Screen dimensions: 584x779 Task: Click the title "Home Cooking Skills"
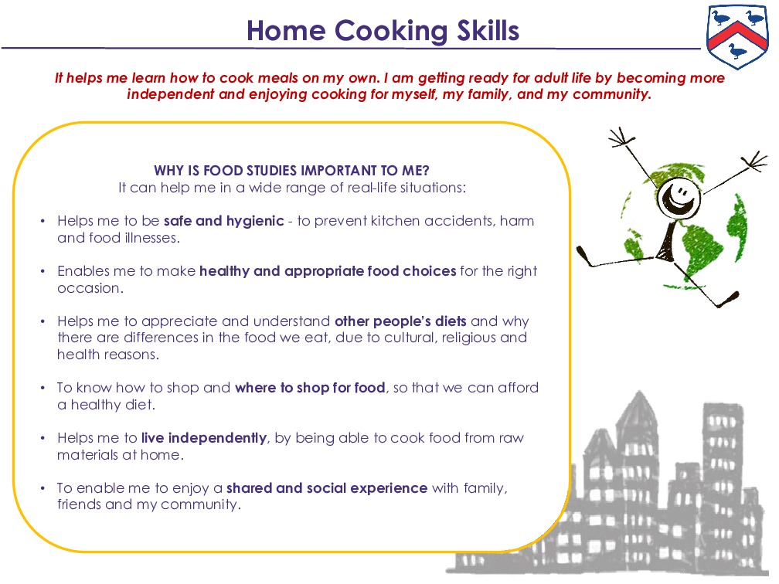pos(383,31)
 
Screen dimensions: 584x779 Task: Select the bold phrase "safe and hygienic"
pos(224,221)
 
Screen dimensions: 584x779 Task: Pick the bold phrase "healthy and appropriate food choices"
pos(328,271)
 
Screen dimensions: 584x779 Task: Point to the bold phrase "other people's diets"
pos(400,321)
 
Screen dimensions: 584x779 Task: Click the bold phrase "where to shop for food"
pos(310,388)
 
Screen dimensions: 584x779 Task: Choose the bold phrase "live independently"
pos(204,438)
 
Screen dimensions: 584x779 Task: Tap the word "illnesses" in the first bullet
pos(150,238)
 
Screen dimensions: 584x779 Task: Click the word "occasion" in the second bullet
pos(89,288)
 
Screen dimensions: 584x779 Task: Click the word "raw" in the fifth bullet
pos(511,438)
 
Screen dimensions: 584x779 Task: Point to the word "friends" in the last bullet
pos(80,505)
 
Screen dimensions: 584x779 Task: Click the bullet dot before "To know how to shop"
pos(43,388)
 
